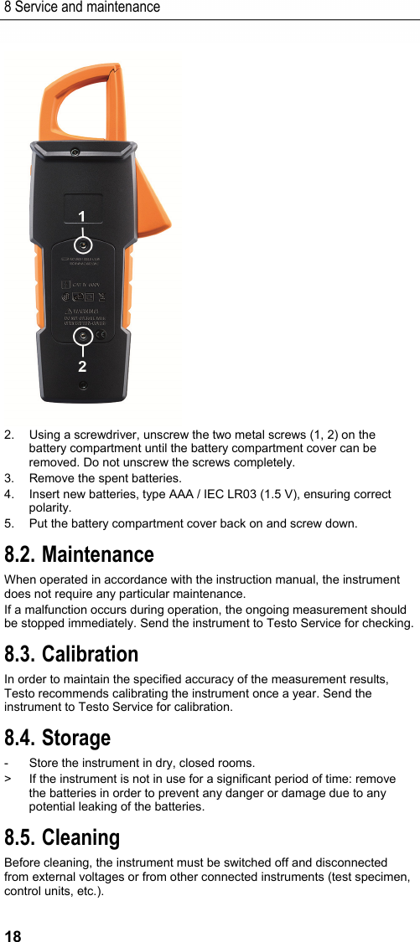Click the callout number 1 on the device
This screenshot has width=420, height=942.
[81, 217]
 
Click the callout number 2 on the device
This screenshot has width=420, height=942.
[82, 367]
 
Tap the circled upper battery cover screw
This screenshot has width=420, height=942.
[82, 245]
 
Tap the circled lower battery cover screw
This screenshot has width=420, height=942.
[82, 337]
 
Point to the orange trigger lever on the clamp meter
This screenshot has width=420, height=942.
[155, 209]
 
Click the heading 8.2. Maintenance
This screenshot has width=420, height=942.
[79, 554]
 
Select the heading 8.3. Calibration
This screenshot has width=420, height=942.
[71, 653]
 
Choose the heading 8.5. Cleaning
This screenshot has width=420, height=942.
[62, 837]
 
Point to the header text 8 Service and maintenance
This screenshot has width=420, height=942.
[81, 8]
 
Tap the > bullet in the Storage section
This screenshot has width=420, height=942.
[8, 779]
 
